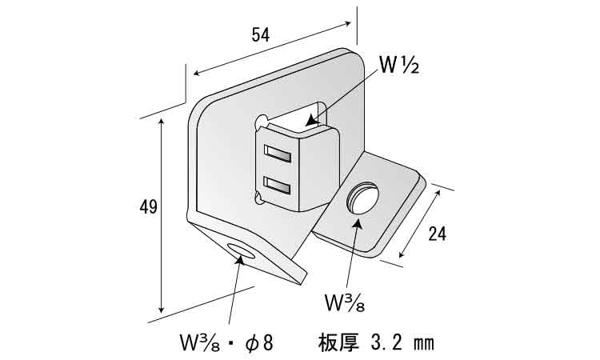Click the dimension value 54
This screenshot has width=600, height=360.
click(x=260, y=34)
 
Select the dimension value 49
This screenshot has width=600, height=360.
click(x=147, y=207)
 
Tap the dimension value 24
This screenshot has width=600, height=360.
click(x=437, y=234)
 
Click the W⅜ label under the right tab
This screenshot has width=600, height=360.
click(x=345, y=301)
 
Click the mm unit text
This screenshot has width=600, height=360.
click(x=424, y=343)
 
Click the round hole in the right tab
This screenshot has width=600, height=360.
click(x=364, y=198)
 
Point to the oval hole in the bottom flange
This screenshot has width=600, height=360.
click(x=241, y=253)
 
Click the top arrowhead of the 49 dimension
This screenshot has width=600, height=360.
click(x=162, y=119)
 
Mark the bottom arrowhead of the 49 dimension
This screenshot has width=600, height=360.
click(x=162, y=312)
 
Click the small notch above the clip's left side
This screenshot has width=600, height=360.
click(x=262, y=122)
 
